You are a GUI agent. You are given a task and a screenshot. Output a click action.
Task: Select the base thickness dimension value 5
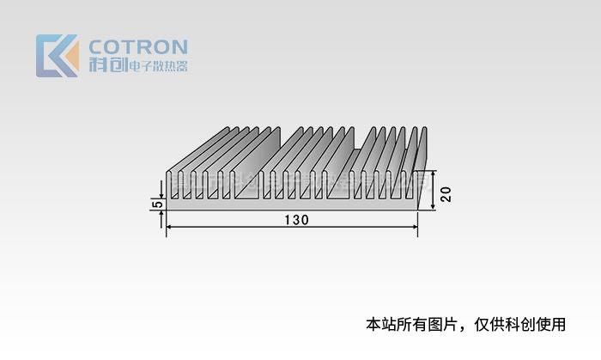pos(155,204)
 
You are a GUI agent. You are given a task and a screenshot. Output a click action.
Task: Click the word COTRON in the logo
pos(137,47)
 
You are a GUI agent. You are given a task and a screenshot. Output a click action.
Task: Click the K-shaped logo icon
pos(57,56)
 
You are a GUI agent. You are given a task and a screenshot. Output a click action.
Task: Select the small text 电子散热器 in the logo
pos(157,67)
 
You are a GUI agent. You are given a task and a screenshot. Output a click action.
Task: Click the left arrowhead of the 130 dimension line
pos(169,227)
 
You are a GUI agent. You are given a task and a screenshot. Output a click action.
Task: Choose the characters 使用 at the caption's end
pos(553,325)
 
